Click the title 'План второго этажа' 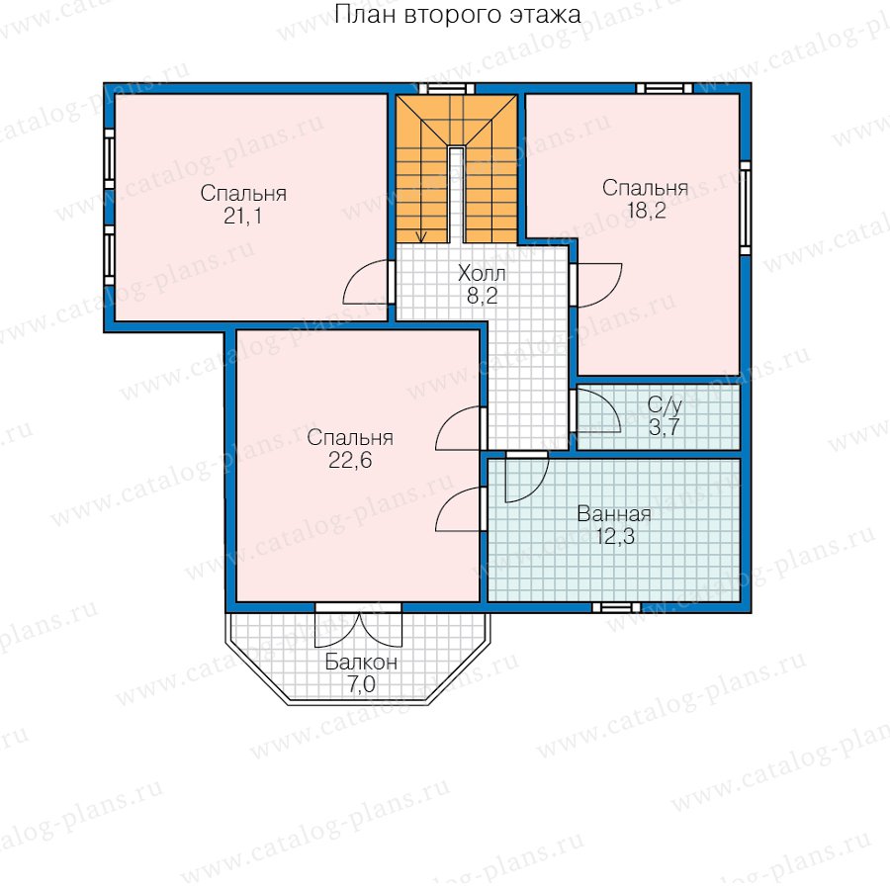[458, 15]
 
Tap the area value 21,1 [243, 217]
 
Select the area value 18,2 [646, 211]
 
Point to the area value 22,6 [350, 460]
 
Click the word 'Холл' [482, 274]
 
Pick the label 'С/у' [665, 405]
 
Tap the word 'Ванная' [614, 514]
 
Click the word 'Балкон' [361, 663]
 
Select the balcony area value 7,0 [362, 684]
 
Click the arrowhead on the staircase [420, 236]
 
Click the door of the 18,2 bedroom [596, 286]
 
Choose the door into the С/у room [596, 410]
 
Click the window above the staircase [446, 88]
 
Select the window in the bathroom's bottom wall [616, 607]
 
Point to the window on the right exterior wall [746, 209]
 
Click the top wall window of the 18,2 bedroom [665, 88]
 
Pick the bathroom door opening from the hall [527, 477]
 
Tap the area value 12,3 [615, 536]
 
